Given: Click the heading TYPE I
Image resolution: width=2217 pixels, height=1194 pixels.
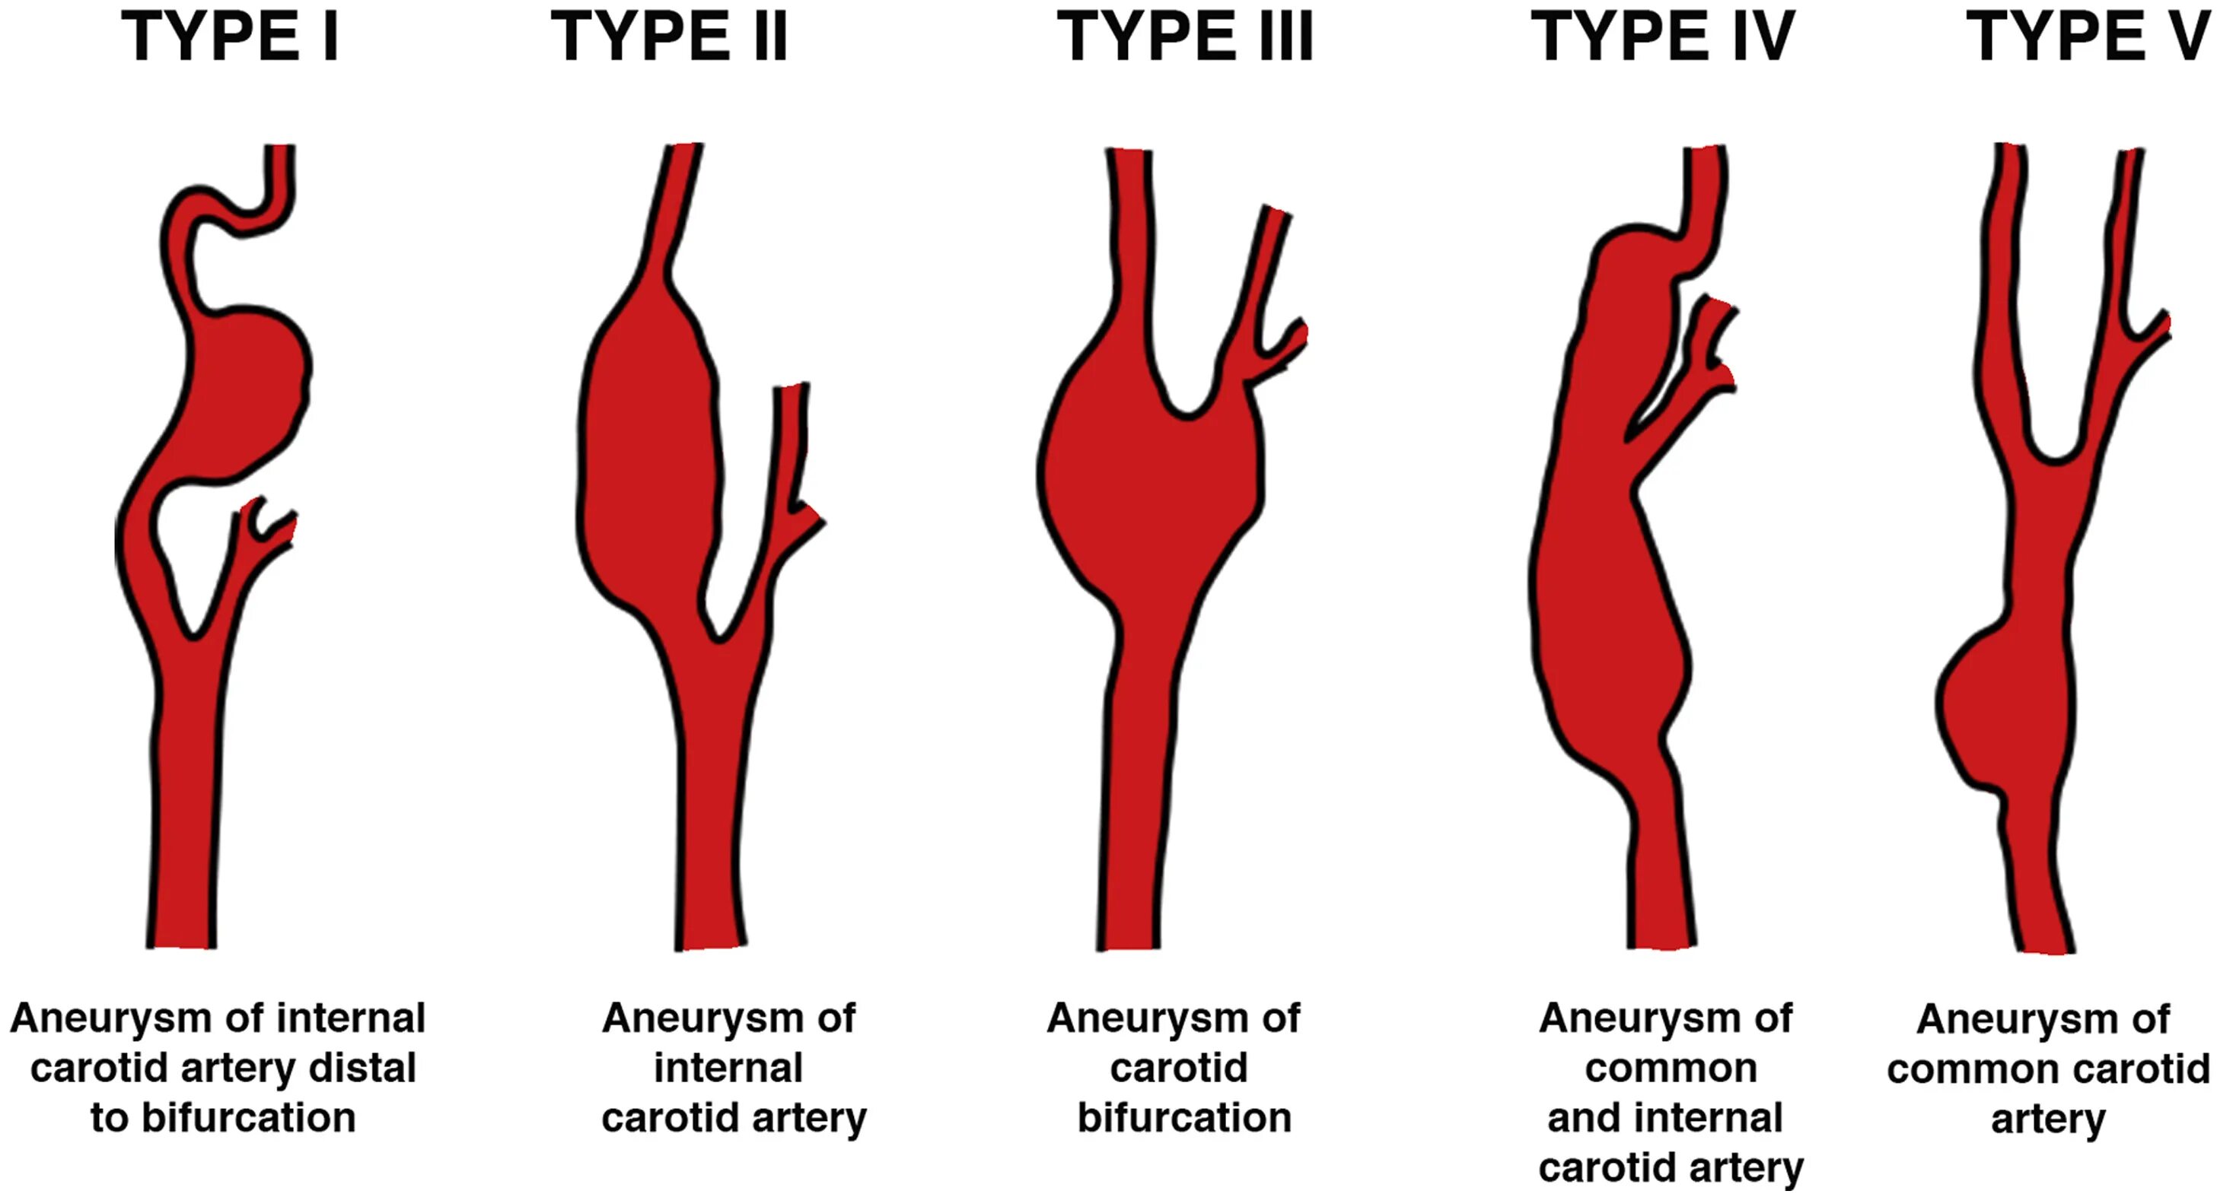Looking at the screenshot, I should (230, 37).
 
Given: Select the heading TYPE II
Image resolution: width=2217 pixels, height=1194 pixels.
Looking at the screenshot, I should (669, 37).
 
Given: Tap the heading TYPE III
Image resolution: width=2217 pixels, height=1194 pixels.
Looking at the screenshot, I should (1184, 37).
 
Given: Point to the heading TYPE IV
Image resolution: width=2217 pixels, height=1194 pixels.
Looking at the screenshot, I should (1662, 37).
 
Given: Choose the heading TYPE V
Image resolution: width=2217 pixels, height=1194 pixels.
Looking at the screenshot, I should (2090, 37).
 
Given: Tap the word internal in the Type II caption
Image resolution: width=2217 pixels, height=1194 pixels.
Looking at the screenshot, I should (728, 1069).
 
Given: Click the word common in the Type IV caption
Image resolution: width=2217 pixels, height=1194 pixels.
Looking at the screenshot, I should (1671, 1069).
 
